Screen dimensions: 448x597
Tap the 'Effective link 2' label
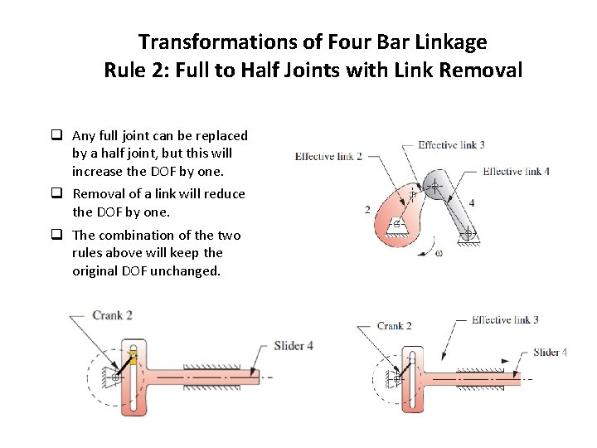click(328, 156)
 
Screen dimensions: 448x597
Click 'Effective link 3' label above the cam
click(451, 144)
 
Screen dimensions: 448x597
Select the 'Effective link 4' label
click(516, 172)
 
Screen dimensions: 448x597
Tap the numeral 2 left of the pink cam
click(367, 210)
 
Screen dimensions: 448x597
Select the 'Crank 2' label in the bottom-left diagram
click(113, 315)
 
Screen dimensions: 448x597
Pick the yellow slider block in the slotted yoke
click(133, 358)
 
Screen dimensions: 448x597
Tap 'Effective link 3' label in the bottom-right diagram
click(505, 319)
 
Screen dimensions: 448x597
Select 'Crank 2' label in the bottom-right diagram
click(394, 326)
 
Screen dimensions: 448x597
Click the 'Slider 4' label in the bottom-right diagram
click(550, 352)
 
